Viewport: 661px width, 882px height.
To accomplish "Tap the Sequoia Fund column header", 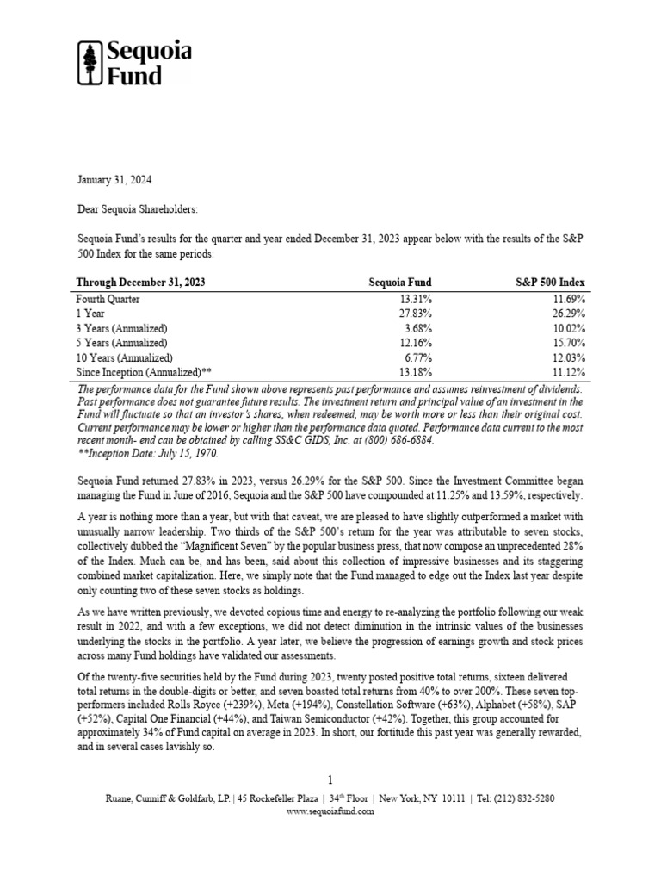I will click(x=400, y=282).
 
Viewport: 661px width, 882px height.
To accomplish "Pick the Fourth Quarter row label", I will click(x=108, y=299).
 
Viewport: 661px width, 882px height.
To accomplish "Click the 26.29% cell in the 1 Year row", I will click(x=568, y=314).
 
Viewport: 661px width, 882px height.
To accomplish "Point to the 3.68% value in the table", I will click(x=417, y=328).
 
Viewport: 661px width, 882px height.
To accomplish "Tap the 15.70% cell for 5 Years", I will click(x=568, y=343).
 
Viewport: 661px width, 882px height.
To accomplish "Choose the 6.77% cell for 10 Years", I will click(x=417, y=357).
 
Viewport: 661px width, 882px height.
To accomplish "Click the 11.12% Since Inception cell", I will click(x=568, y=372).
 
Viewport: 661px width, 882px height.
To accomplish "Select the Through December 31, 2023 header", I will click(x=141, y=282).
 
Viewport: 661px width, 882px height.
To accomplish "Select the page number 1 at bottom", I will click(x=330, y=780).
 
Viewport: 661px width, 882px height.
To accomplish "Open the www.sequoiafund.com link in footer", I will click(x=330, y=811).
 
